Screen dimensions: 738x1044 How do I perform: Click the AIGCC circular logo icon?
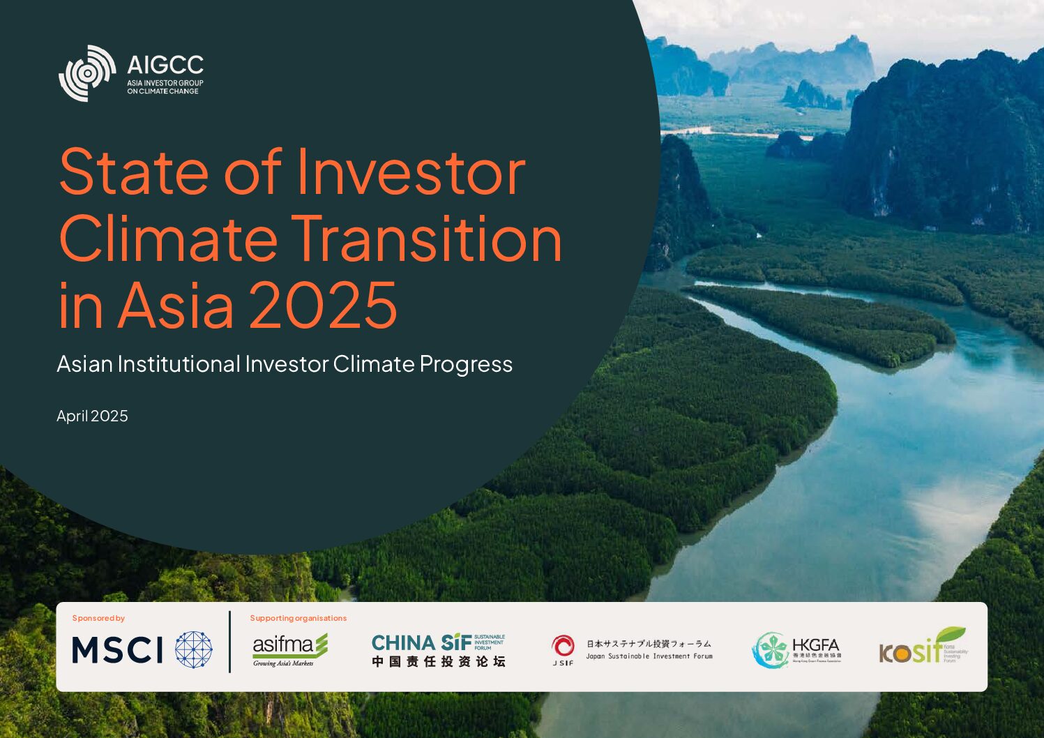[87, 73]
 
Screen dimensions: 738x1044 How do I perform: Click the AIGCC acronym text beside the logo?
[165, 66]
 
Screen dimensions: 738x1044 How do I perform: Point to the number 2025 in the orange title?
[323, 306]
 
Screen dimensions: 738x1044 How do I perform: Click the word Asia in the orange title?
[176, 306]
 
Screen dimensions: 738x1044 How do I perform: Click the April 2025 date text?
[92, 416]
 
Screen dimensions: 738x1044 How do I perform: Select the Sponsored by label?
[98, 618]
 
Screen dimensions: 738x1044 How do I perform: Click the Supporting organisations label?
[298, 618]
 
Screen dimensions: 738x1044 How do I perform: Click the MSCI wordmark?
[117, 650]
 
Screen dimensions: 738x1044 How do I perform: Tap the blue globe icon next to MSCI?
[193, 650]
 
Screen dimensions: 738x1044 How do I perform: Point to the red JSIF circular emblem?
[563, 646]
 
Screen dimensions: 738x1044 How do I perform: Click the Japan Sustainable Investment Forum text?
[649, 656]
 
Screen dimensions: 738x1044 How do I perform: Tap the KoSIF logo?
[922, 647]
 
